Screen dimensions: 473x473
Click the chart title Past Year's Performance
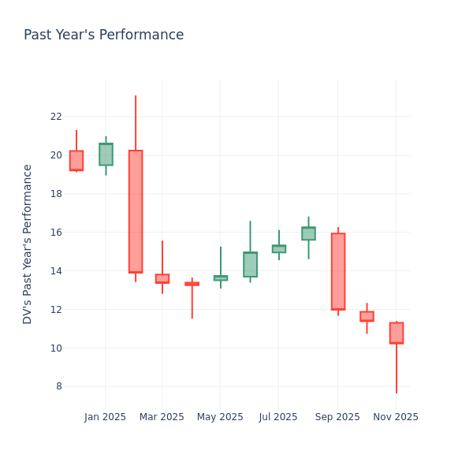[103, 35]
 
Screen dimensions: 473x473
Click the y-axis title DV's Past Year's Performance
[28, 244]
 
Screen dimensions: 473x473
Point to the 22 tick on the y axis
[55, 117]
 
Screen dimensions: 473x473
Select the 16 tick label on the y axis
[55, 233]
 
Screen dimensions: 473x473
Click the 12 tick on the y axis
[55, 309]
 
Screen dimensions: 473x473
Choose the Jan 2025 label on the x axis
[105, 417]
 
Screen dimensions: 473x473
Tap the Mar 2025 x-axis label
[162, 417]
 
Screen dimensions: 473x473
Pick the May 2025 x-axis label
[220, 417]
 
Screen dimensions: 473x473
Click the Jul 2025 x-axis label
[278, 417]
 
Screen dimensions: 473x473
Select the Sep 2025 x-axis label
[337, 417]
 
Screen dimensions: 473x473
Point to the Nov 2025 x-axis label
[396, 417]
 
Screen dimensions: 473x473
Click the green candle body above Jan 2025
[106, 155]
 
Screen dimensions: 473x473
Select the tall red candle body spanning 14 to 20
[136, 211]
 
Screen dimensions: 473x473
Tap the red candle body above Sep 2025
[338, 271]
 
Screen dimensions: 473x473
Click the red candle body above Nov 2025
[396, 333]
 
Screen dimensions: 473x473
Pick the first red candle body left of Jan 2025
[76, 161]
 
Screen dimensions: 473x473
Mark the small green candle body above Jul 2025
[279, 249]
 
